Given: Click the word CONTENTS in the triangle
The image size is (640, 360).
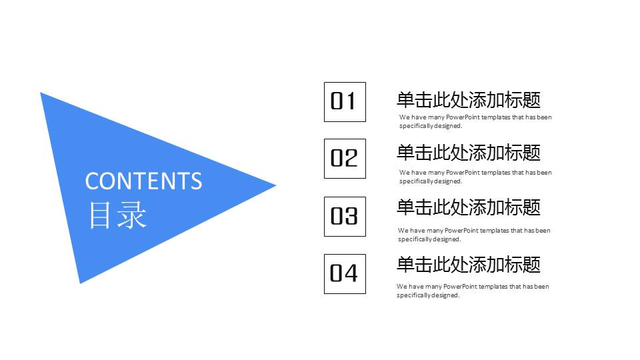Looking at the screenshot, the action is pyautogui.click(x=143, y=181).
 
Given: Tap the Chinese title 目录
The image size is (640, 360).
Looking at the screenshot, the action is pyautogui.click(x=117, y=215).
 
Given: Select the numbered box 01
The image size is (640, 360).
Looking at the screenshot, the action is pyautogui.click(x=345, y=101).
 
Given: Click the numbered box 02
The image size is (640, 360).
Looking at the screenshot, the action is pyautogui.click(x=345, y=158).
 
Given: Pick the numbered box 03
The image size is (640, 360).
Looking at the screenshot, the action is pyautogui.click(x=345, y=216).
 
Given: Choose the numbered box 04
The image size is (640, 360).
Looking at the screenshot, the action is pyautogui.click(x=345, y=273).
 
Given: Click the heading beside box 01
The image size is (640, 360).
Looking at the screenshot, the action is pyautogui.click(x=468, y=100).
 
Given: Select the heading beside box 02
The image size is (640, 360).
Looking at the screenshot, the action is pyautogui.click(x=468, y=153).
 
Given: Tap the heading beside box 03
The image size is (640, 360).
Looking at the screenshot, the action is pyautogui.click(x=468, y=207).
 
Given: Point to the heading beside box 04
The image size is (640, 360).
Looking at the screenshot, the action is pyautogui.click(x=468, y=265).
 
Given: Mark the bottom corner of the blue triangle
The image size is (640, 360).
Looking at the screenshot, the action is pyautogui.click(x=81, y=282).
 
